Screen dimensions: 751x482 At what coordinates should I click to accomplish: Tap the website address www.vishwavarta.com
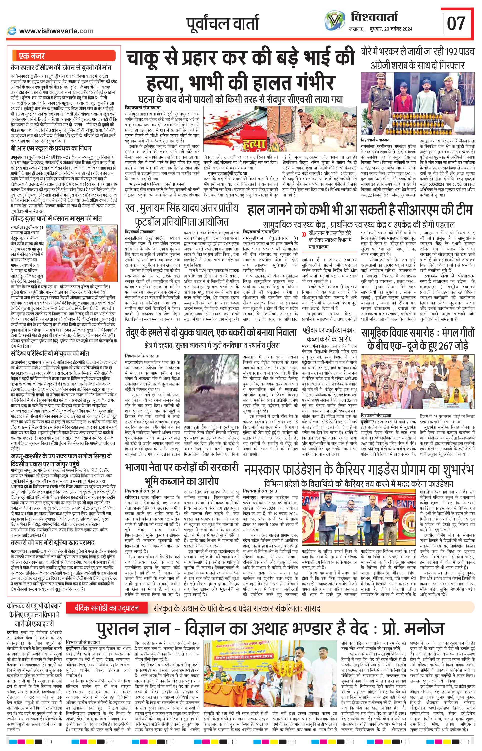pos(56,31)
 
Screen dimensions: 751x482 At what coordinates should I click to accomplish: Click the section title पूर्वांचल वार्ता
pos(222,24)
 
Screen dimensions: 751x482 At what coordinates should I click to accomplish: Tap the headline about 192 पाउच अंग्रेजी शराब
pos(418,58)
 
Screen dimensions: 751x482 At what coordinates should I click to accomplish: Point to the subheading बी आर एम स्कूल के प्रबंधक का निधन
pos(52,148)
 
